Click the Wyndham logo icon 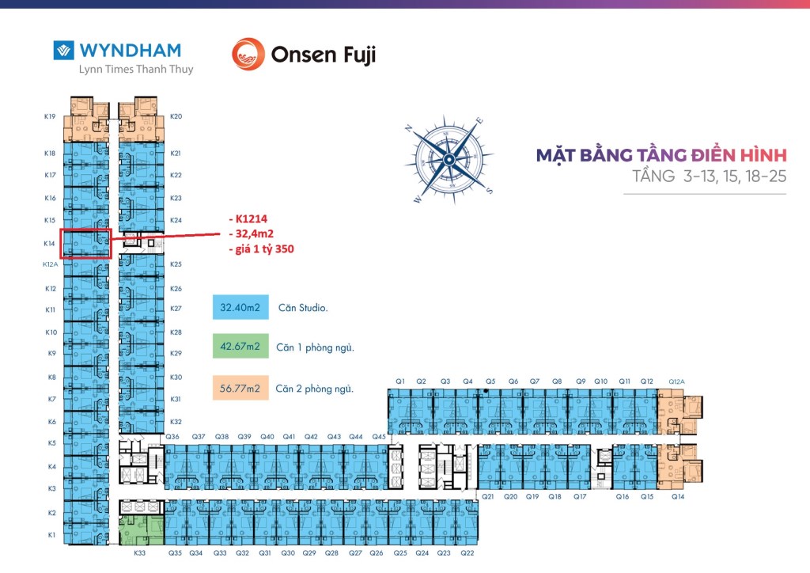point(63,51)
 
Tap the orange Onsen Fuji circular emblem point(248,54)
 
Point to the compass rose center point(449,159)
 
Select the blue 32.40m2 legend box point(240,307)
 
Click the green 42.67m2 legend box point(240,347)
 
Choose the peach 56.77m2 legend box point(240,388)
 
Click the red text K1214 point(255,218)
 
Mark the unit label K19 point(50,116)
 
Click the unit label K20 point(176,116)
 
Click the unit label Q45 point(379,437)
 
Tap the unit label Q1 point(400,381)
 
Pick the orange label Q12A point(677,381)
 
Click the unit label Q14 point(677,497)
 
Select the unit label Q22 point(467,553)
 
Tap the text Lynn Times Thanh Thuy point(136,70)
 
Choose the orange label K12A point(50,265)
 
